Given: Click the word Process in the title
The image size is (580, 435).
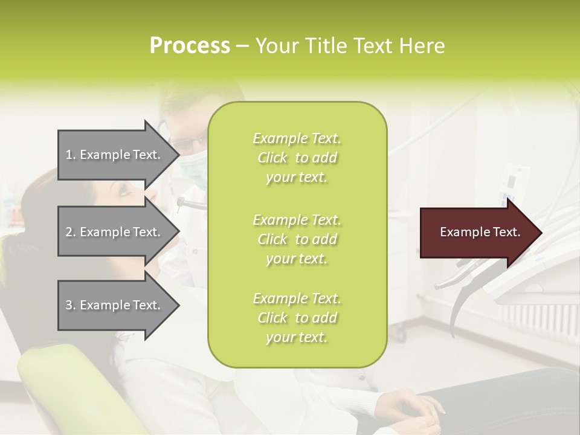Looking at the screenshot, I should [x=190, y=46].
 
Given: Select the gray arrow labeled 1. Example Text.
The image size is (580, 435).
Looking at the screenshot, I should [x=115, y=155].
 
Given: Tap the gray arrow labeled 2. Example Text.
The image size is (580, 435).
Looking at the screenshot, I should [x=115, y=232].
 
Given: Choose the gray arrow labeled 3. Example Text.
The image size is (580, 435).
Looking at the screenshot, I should [x=115, y=305].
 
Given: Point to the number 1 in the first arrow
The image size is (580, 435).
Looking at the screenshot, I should [x=69, y=155].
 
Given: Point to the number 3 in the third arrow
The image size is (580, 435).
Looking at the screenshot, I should [x=69, y=305].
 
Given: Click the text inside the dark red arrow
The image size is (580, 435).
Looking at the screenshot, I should [x=480, y=232].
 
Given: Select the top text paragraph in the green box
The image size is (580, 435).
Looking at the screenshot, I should [x=297, y=158].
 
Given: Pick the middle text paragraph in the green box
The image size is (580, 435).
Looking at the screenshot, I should [x=297, y=239].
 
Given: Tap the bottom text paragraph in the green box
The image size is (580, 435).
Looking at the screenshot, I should [x=297, y=318].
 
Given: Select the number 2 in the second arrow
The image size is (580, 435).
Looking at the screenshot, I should [x=69, y=232].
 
